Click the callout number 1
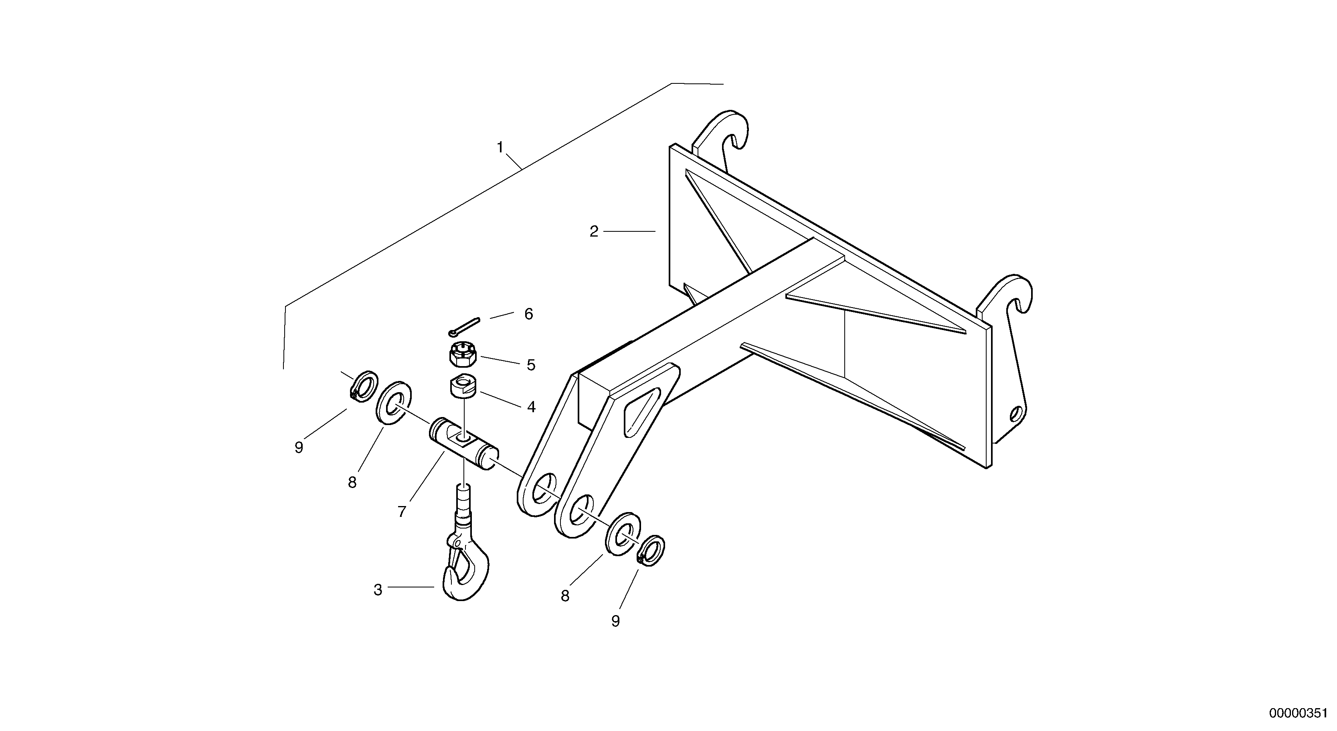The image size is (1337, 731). (500, 148)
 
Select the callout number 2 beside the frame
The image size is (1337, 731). (594, 231)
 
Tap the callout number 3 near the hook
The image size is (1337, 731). (378, 590)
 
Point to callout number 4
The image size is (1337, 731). (531, 407)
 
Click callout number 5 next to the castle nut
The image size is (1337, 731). (531, 365)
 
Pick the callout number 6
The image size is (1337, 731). (528, 314)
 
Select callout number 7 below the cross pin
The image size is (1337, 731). (402, 512)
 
